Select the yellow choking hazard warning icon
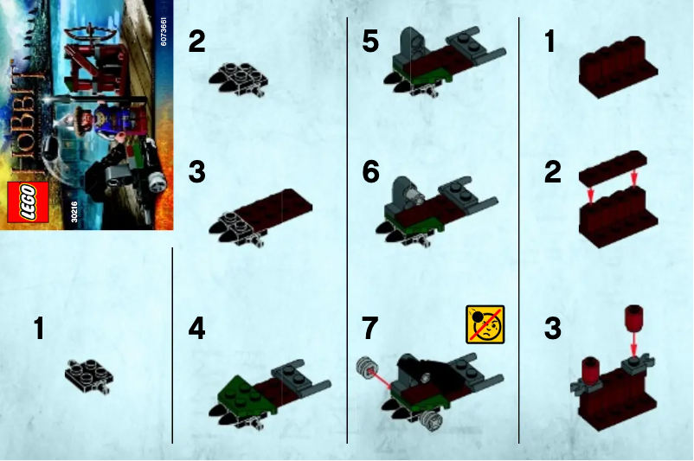coord(485,324)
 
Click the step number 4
coord(197,330)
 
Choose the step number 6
coord(370,173)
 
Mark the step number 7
coord(370,330)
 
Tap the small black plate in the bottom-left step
coord(87,375)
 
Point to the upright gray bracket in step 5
coord(413,45)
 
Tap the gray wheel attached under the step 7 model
coord(430,421)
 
